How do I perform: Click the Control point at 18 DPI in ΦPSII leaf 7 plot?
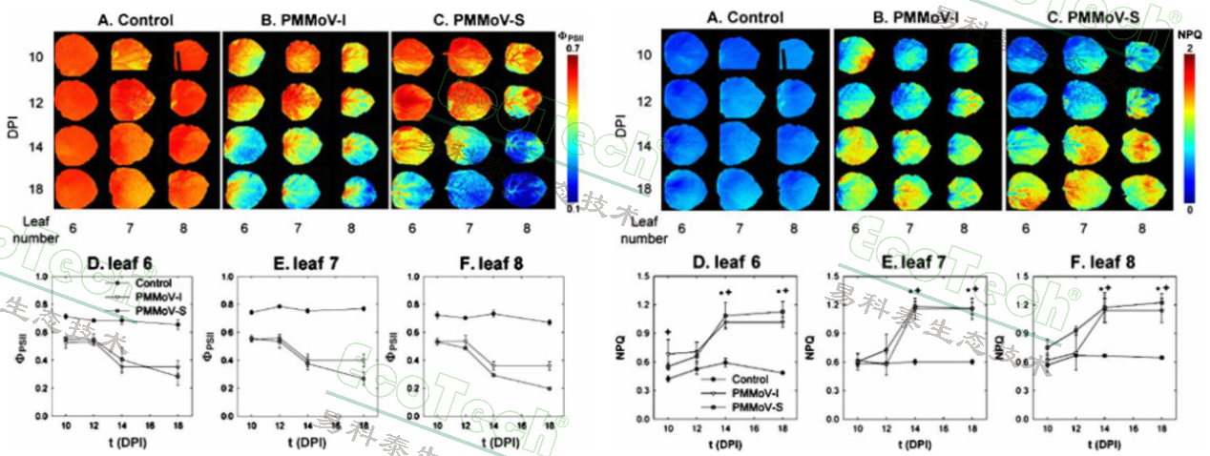point(364,308)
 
